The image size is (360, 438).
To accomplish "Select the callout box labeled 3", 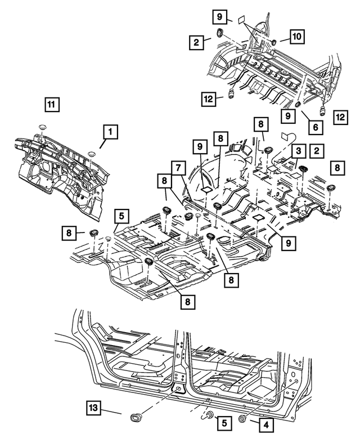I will (x=298, y=150).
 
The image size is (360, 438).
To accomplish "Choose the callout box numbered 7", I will (x=177, y=168).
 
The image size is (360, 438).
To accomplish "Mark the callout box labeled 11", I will (x=51, y=104).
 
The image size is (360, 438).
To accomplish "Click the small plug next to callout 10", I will (x=272, y=42).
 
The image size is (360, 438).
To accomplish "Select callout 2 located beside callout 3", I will (x=318, y=150).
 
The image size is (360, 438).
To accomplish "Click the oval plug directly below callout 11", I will (x=43, y=127).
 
